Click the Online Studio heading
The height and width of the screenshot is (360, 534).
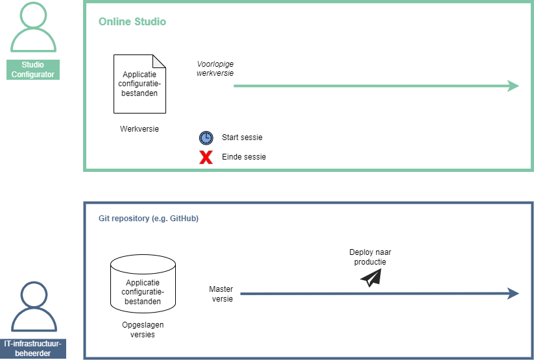[132, 22]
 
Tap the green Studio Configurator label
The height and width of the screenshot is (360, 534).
[32, 69]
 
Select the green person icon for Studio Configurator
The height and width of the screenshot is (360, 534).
[33, 29]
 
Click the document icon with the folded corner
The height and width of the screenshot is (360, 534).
[140, 84]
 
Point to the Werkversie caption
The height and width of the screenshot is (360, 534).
[140, 129]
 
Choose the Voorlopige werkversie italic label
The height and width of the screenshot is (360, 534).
[215, 69]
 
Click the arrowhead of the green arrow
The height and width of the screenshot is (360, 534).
[513, 86]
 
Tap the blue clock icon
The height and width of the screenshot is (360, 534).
[206, 138]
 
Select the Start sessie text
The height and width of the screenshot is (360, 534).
[242, 138]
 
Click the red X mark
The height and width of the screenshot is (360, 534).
[206, 157]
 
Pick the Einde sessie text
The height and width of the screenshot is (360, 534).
[244, 157]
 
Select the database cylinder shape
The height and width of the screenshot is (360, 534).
[143, 284]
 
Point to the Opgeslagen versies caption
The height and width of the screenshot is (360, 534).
[143, 330]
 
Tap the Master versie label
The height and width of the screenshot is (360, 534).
[222, 294]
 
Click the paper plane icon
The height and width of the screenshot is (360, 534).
[371, 278]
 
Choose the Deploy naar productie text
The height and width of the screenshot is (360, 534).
[370, 257]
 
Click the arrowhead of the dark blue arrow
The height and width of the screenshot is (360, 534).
[513, 294]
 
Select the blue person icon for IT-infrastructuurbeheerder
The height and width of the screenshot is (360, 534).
[33, 307]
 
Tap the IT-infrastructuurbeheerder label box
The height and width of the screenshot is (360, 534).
[33, 348]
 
